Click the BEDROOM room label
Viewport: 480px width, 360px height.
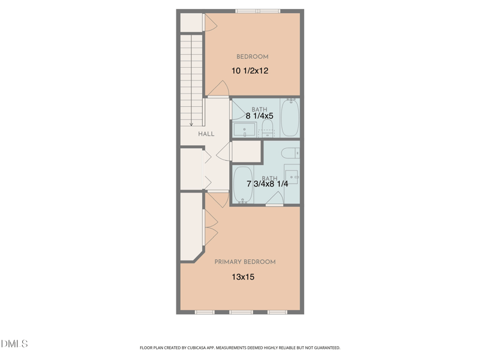pos(252,57)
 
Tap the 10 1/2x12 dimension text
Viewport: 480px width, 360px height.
pos(250,71)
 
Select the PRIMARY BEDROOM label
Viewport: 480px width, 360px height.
pos(245,262)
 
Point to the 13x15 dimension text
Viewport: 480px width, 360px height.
pos(243,277)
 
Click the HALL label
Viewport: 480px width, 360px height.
pos(206,134)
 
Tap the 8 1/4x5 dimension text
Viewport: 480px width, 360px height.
pos(259,115)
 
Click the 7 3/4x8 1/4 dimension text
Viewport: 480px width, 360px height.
pos(267,184)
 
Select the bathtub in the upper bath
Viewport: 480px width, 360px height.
pos(289,118)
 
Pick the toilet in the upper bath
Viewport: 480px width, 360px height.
pos(268,127)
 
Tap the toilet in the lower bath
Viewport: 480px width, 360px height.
pos(290,152)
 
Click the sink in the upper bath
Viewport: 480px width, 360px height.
pos(245,130)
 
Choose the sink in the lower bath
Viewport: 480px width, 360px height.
pos(292,176)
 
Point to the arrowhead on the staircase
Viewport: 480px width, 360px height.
pos(191,124)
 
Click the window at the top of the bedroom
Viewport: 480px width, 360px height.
pos(257,11)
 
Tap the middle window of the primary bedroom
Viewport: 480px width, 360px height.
pos(241,312)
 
